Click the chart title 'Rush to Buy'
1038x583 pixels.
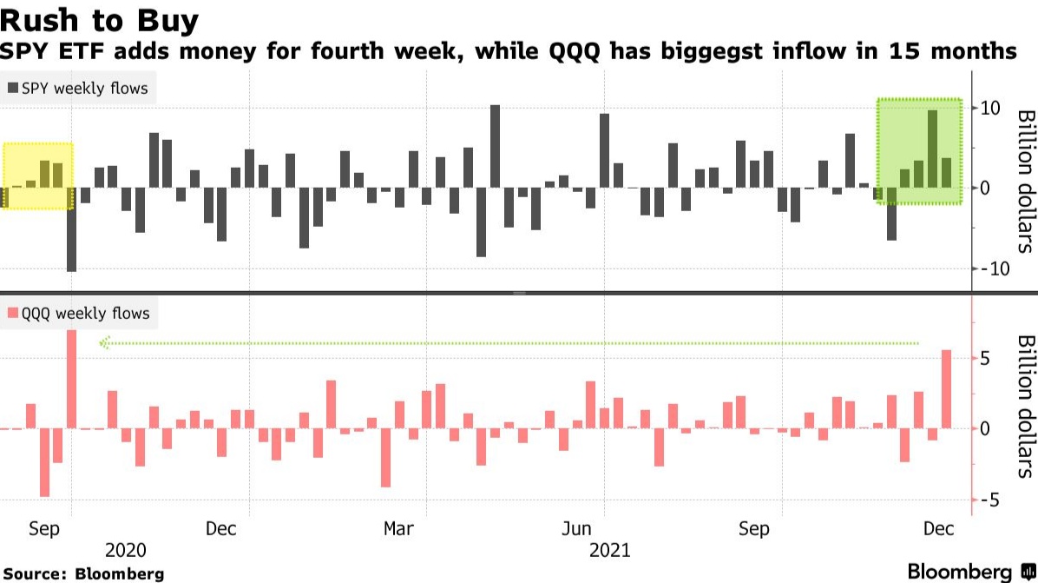[100, 21]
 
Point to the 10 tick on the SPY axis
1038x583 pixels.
[991, 108]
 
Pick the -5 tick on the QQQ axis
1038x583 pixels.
[992, 500]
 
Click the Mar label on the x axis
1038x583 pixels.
[398, 529]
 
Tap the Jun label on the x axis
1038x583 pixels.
[577, 529]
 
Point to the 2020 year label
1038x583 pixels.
[125, 550]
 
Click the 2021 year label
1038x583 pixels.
[610, 550]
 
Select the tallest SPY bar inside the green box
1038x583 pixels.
[932, 149]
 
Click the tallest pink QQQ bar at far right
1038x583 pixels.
[947, 389]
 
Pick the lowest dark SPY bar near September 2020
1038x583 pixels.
[71, 229]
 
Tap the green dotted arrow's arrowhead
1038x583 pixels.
[103, 343]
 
